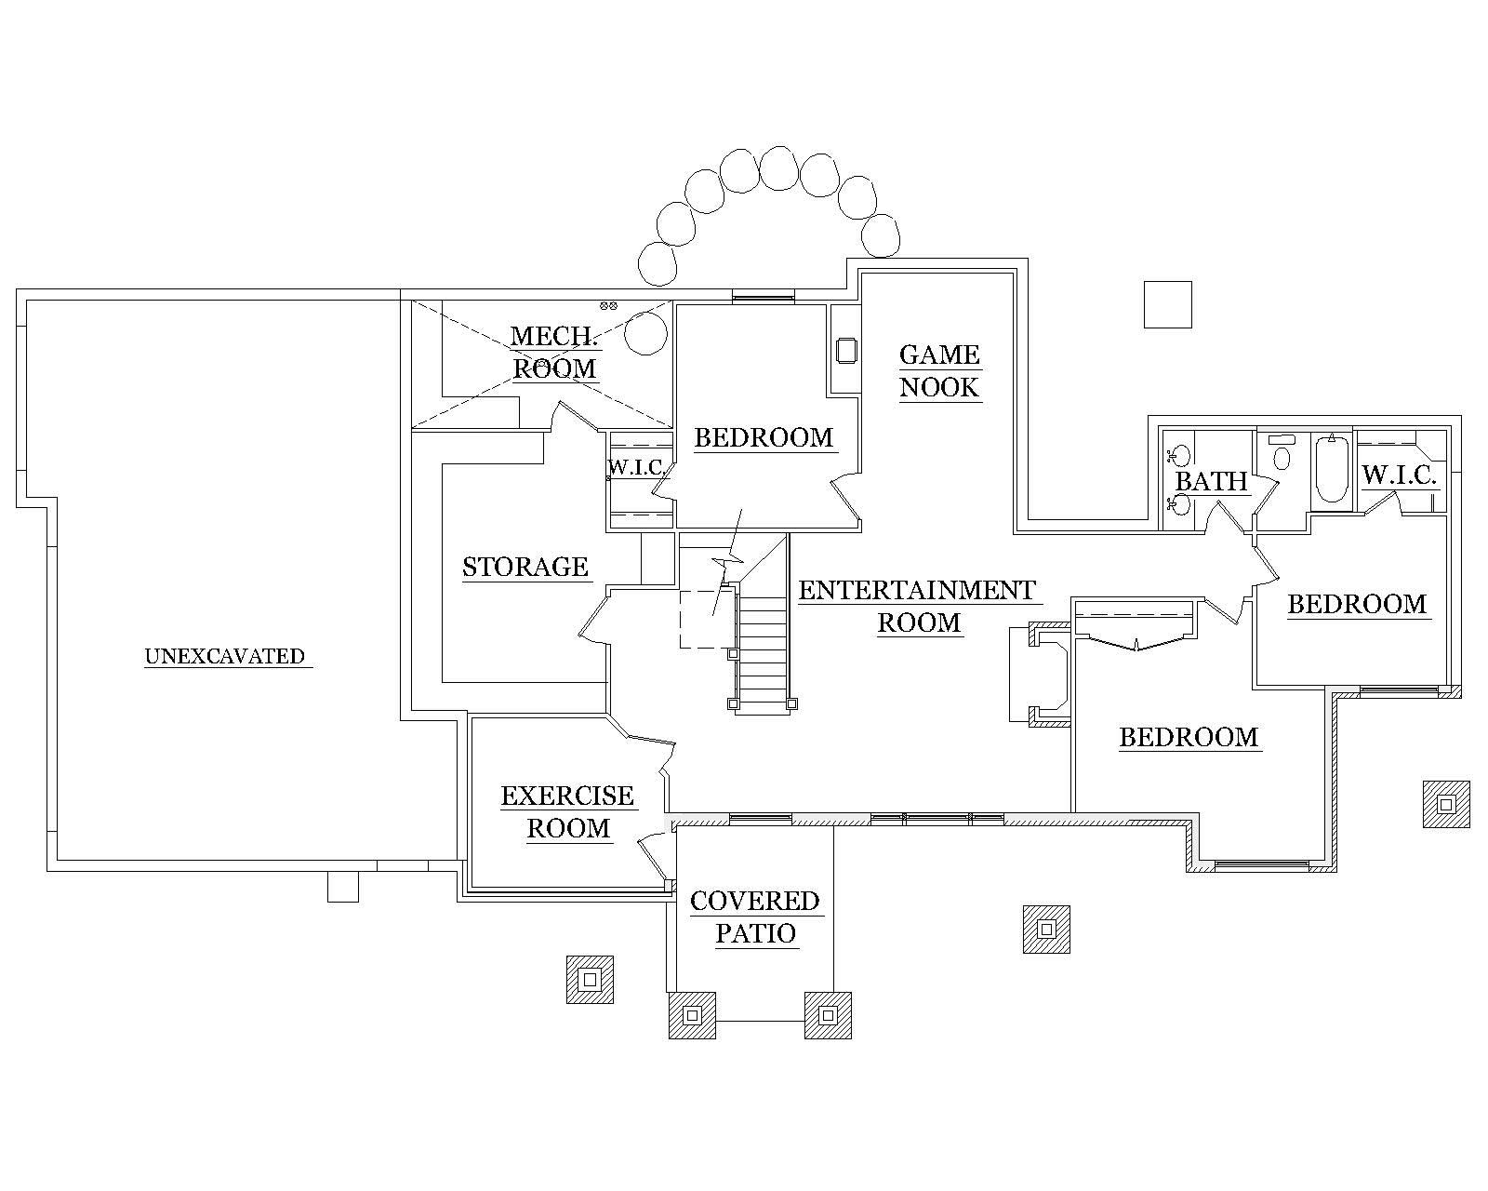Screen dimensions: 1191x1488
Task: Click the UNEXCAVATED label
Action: pos(225,656)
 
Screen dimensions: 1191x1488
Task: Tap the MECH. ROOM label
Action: pos(554,352)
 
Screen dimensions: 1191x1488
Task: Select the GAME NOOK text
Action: pos(939,370)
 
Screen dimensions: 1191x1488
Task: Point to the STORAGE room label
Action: pos(525,567)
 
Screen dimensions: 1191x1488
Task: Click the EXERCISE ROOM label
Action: pos(567,811)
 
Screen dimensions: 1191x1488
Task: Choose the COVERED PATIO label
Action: pos(754,917)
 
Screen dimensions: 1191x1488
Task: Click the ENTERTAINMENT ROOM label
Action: pos(917,606)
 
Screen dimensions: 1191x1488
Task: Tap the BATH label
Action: pos(1211,481)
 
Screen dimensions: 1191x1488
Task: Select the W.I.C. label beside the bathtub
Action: pos(1400,475)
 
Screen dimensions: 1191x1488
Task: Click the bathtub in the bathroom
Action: pos(1332,469)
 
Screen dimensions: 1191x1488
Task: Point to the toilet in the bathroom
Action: pos(1282,456)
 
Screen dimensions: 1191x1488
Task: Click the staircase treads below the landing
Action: pos(763,651)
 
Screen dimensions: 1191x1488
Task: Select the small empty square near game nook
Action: pos(1167,304)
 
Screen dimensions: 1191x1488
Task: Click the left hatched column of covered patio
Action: pos(692,1015)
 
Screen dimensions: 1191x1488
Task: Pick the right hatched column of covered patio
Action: pos(828,1015)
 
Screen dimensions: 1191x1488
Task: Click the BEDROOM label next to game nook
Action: pos(764,437)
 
